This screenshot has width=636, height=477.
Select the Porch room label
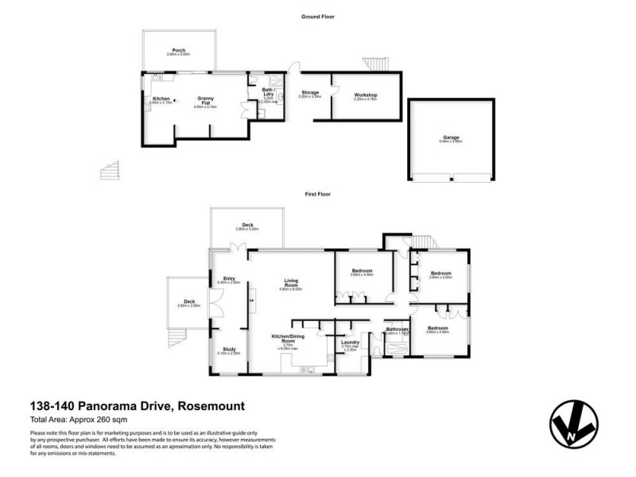tap(178, 49)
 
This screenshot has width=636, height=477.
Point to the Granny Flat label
tap(205, 100)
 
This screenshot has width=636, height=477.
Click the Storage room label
tap(309, 93)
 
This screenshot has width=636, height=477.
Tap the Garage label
tap(452, 138)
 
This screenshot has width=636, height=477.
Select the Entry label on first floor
tap(229, 278)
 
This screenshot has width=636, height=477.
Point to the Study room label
tap(228, 349)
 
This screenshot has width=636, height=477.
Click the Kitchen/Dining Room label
tap(284, 339)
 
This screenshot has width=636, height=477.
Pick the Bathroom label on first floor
tap(397, 329)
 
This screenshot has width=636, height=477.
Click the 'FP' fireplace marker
tap(252, 301)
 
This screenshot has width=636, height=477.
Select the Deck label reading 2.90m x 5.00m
tap(247, 225)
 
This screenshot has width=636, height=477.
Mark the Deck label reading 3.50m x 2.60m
tap(189, 301)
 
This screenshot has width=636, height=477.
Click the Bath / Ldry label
tap(269, 92)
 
